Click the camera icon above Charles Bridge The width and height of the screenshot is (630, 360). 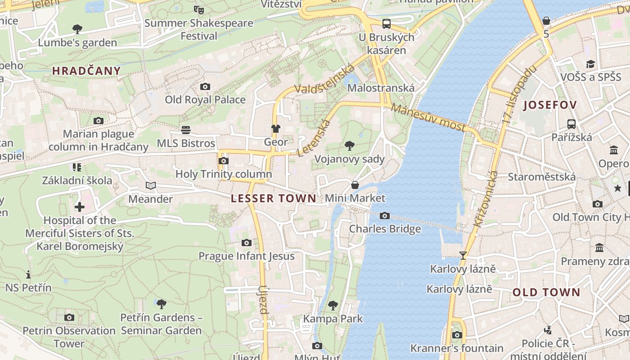point(384,216)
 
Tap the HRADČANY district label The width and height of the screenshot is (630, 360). point(86,71)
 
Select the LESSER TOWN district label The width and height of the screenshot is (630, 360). point(274,198)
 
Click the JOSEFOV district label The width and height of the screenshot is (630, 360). point(550,105)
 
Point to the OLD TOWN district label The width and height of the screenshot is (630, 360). point(546,292)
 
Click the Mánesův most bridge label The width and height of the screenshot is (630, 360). point(428,117)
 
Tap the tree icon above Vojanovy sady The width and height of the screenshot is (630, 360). point(349,145)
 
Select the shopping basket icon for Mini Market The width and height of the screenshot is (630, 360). point(355,185)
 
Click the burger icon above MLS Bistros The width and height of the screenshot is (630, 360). point(186,130)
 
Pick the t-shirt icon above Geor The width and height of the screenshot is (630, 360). point(275,129)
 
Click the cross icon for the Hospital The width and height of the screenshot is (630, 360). point(80,207)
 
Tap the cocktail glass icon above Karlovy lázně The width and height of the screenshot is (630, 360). point(463,256)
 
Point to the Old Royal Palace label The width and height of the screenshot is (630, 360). point(205,99)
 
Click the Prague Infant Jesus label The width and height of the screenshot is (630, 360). point(247,256)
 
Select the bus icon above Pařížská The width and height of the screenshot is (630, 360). point(571,124)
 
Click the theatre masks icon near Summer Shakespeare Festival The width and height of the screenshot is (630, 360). point(198,9)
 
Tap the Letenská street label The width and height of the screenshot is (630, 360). point(314,138)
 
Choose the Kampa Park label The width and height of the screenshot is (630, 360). point(333,319)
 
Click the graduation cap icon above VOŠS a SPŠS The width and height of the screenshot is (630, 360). point(590,64)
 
